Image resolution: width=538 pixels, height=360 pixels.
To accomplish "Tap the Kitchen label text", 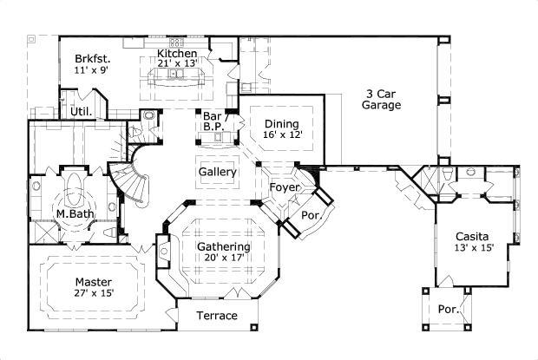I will click(x=177, y=52).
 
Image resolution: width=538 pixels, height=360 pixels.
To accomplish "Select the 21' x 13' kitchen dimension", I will click(x=177, y=63).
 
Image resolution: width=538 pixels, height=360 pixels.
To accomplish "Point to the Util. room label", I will click(x=82, y=112).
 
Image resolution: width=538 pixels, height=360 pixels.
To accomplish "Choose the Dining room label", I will click(x=281, y=124).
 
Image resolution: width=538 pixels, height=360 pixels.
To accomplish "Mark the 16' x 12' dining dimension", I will click(x=281, y=135).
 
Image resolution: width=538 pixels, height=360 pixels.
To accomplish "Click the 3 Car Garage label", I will click(x=382, y=100).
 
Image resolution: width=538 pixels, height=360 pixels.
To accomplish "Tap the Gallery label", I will click(x=218, y=172).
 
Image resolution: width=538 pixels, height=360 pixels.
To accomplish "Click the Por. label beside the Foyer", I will click(x=309, y=214).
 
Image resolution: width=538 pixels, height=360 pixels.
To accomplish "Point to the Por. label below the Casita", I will click(x=449, y=308).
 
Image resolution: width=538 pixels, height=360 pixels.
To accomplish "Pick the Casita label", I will click(x=472, y=236).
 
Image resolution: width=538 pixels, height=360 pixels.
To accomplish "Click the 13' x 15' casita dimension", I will click(x=472, y=248).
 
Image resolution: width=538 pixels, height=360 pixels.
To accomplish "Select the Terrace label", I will click(x=216, y=315).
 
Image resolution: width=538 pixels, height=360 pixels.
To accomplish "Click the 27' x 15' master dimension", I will click(x=94, y=293).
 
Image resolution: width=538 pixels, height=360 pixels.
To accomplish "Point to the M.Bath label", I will click(x=75, y=213).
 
